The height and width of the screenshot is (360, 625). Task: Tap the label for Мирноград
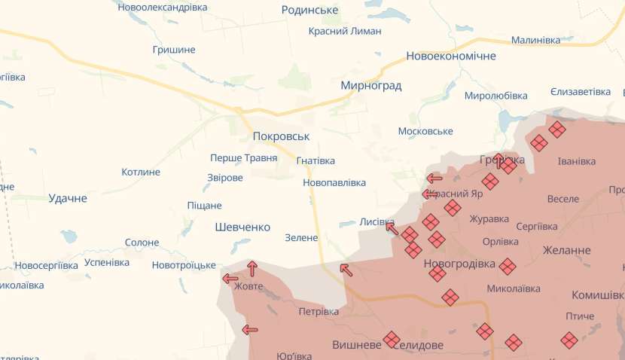370,85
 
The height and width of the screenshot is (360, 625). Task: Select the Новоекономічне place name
451,56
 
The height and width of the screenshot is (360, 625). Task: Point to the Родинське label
309,10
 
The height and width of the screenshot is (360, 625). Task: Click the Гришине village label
173,50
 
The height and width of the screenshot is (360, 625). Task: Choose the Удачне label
68,198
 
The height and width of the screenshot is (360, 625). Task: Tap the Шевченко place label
242,227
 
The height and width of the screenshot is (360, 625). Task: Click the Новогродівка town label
459,264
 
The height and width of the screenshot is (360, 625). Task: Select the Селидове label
420,344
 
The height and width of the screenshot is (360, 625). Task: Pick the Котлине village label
141,172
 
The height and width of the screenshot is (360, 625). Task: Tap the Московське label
425,131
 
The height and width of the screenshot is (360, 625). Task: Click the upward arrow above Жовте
252,267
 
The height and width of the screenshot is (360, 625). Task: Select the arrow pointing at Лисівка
391,227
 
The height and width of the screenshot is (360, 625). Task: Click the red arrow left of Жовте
230,279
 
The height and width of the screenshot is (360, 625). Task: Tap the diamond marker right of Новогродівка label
508,266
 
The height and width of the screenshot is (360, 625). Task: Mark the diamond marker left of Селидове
391,339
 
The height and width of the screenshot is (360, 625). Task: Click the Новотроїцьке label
184,265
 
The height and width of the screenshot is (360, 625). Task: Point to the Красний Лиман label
345,31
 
